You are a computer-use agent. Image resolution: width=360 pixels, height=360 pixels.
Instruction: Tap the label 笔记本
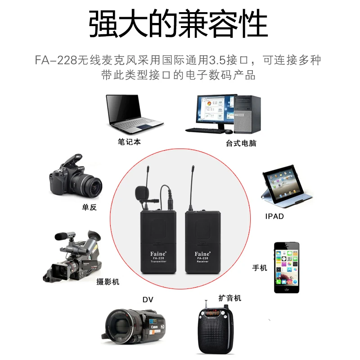coord(129,142)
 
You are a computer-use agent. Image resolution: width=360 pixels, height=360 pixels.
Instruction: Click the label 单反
coord(89,207)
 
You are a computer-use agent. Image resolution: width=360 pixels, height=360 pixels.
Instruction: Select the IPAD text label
coord(274,216)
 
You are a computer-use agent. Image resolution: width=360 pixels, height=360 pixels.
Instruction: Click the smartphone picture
coord(287,268)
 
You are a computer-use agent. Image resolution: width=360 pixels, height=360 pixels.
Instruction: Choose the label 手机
coord(260,268)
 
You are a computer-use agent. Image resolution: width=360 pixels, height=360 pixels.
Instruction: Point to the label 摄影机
coord(108,282)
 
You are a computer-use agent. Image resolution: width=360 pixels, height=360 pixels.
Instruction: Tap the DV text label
coord(148,300)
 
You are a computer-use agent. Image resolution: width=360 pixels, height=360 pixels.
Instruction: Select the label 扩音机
coord(230,298)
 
